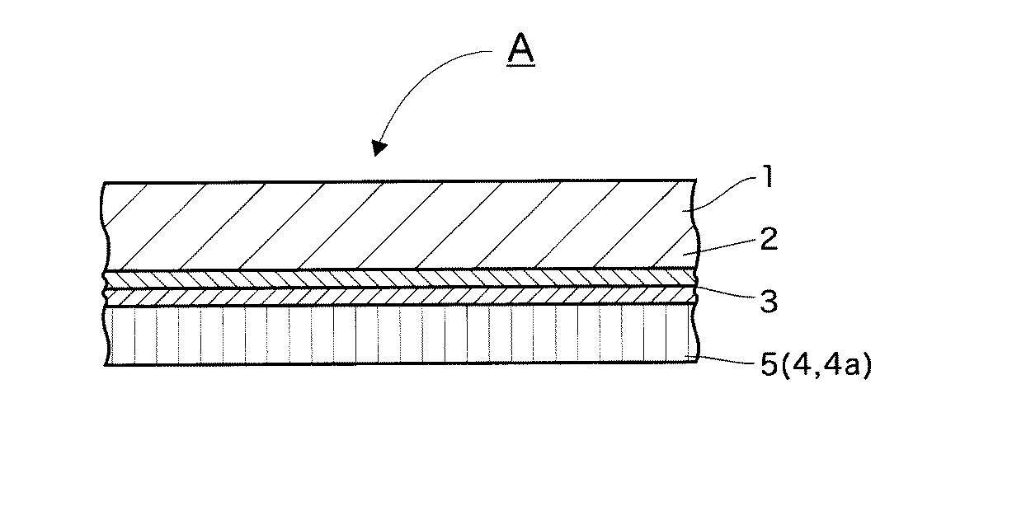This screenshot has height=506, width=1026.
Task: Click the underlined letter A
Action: (x=520, y=49)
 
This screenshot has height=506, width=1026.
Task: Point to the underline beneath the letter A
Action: (x=520, y=64)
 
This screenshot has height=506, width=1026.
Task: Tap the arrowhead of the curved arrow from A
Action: (x=379, y=148)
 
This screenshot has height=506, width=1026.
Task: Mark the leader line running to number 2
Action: (x=722, y=246)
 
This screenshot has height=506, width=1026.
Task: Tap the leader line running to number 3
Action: (x=726, y=295)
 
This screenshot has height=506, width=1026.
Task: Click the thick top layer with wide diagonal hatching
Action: (x=396, y=224)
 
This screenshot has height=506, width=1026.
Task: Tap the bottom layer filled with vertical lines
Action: (x=396, y=335)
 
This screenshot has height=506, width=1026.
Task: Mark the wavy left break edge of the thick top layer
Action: (x=105, y=224)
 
